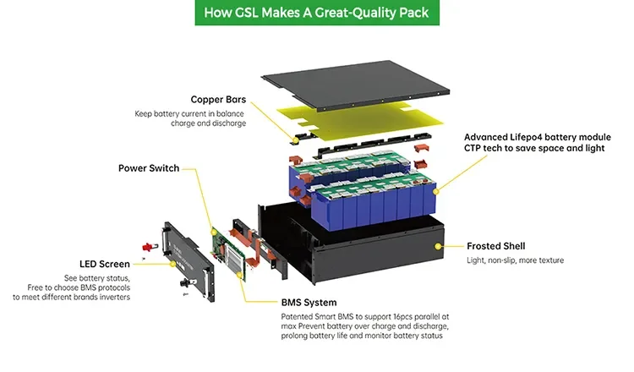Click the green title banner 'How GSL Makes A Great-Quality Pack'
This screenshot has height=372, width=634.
(316, 13)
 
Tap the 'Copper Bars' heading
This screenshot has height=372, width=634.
(218, 99)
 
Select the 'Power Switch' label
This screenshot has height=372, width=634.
(149, 168)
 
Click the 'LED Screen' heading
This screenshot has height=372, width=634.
(105, 264)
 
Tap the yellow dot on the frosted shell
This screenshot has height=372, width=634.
(437, 246)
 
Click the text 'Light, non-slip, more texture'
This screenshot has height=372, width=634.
(515, 260)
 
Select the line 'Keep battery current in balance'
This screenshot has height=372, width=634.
(190, 113)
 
